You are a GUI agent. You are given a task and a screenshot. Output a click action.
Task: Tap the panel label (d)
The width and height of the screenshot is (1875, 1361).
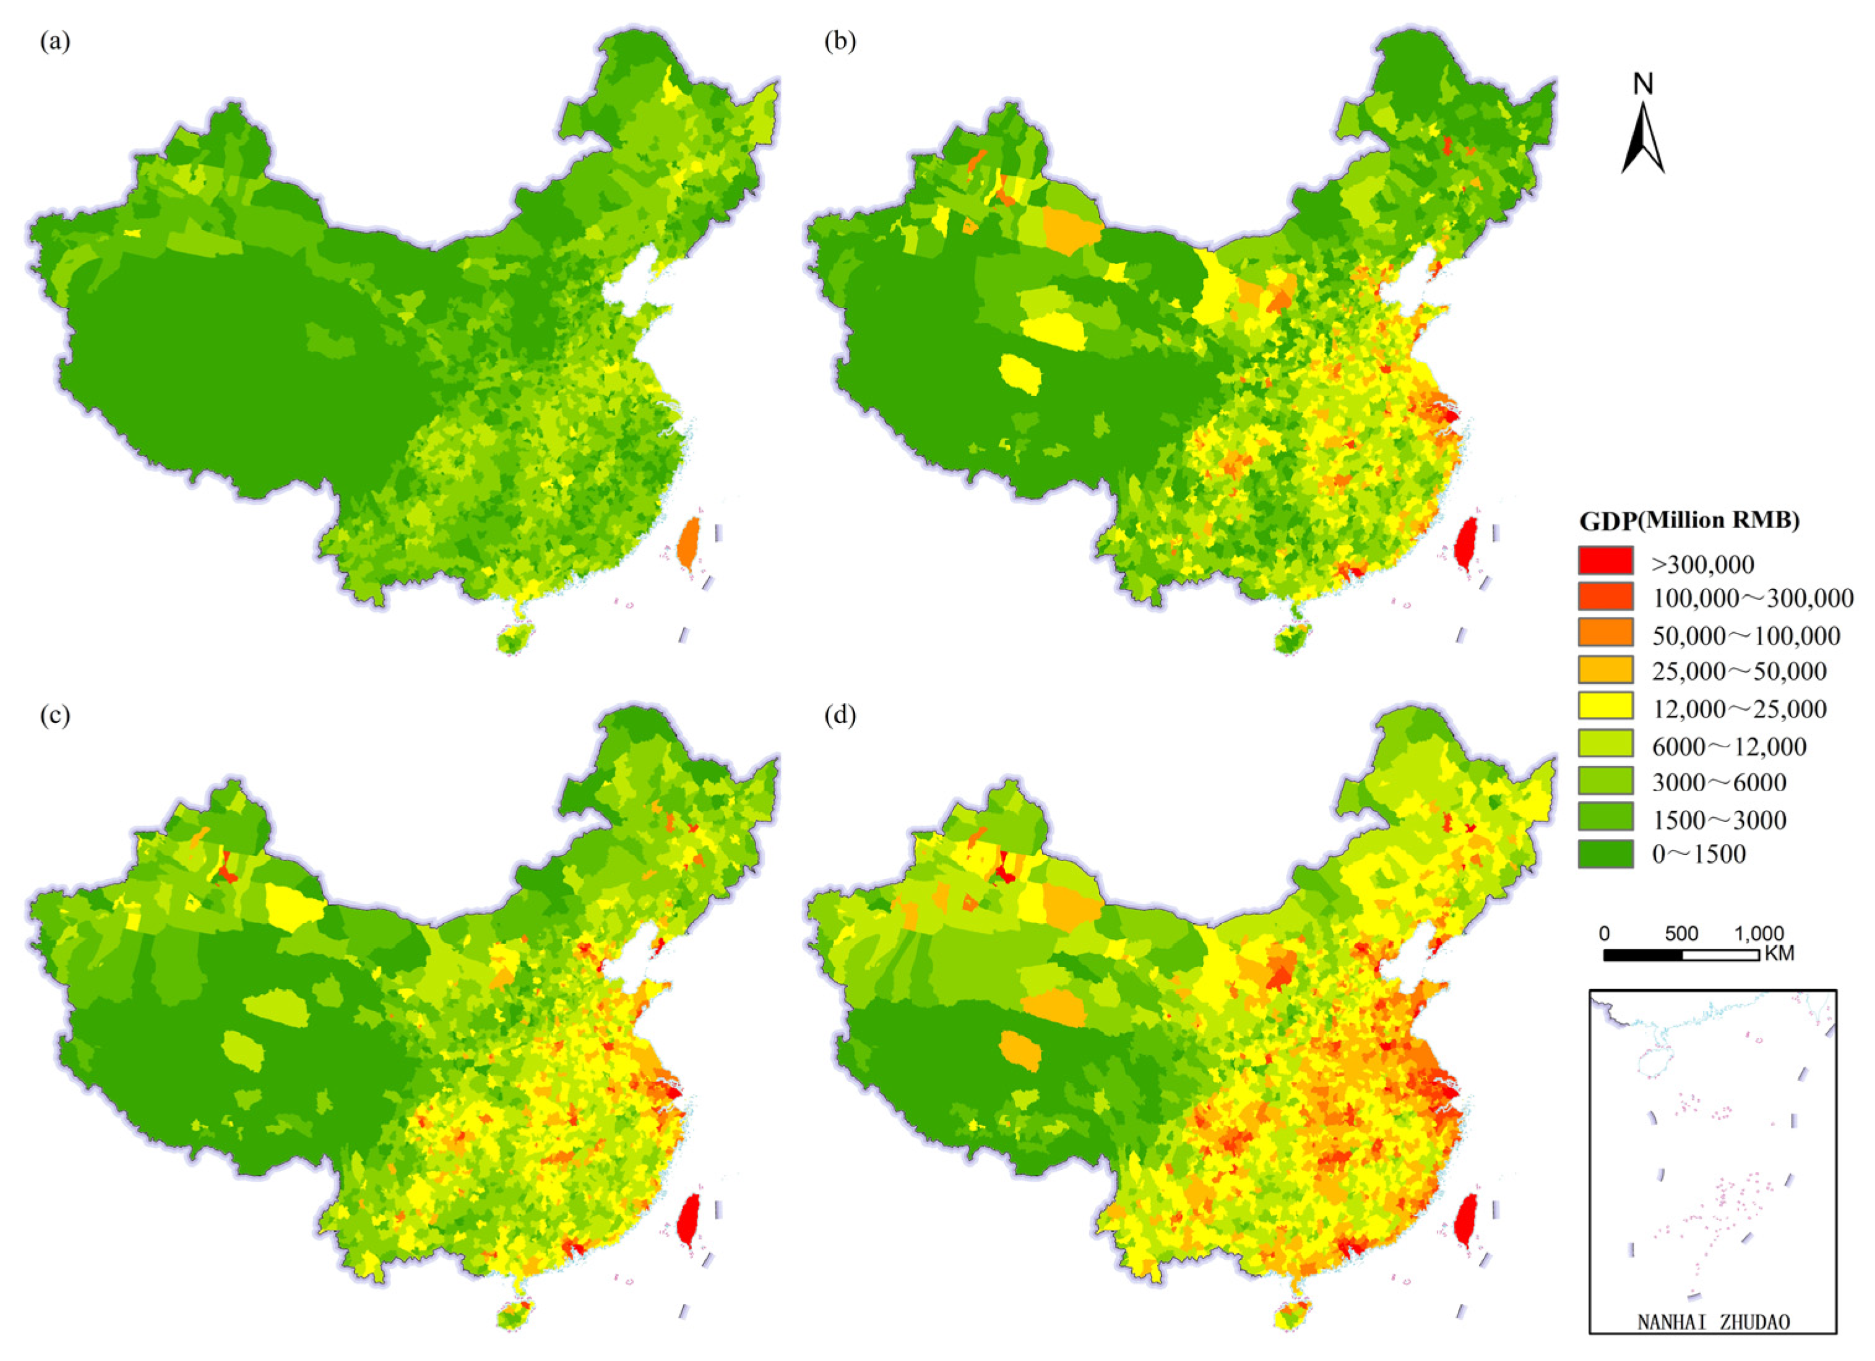840,716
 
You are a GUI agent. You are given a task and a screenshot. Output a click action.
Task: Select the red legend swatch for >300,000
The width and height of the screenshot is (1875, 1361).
1605,561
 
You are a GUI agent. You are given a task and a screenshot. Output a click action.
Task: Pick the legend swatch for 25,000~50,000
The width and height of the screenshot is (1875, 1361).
1605,670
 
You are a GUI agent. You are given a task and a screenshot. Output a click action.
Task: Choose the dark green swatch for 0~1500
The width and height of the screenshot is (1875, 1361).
1605,854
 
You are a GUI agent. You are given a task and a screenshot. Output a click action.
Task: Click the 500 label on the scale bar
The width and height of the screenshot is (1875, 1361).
1681,934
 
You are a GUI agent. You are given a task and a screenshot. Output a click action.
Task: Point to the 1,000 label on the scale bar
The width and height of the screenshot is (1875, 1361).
1757,934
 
